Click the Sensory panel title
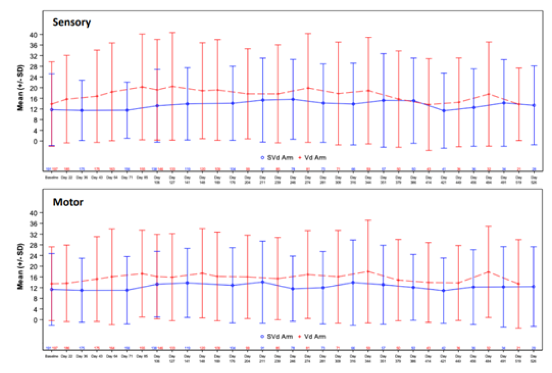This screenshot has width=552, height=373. click(x=72, y=22)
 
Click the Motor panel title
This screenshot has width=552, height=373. click(x=68, y=202)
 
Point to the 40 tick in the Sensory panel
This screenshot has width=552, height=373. click(x=33, y=35)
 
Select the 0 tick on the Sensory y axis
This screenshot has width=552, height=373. click(x=35, y=141)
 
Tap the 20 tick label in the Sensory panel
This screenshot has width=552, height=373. click(x=33, y=88)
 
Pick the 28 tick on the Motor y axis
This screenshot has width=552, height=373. click(x=33, y=245)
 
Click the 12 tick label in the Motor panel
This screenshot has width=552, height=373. click(x=33, y=288)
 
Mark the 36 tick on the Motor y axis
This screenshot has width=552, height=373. click(x=33, y=224)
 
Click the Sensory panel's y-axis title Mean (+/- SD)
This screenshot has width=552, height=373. click(x=20, y=88)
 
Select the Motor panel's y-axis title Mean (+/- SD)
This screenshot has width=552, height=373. click(x=20, y=266)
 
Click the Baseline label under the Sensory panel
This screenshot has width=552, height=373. click(x=52, y=177)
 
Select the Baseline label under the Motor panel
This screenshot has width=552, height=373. click(x=52, y=356)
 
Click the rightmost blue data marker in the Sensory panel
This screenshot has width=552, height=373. click(x=534, y=105)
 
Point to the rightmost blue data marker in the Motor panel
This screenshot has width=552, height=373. click(x=534, y=287)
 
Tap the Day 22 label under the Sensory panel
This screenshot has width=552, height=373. click(x=67, y=177)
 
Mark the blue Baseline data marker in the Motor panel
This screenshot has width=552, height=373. click(x=52, y=289)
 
